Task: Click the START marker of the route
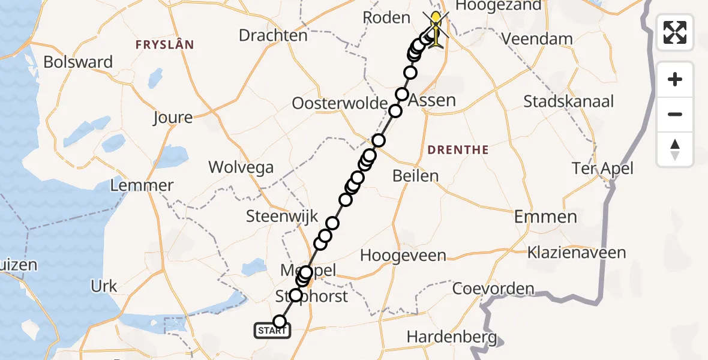[272, 331]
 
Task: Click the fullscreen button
[675, 32]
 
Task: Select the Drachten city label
[273, 35]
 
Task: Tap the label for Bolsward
[78, 62]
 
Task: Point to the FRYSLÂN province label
[164, 44]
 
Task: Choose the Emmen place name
[545, 217]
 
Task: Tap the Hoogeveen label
[403, 256]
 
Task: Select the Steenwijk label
[277, 216]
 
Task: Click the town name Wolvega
[241, 167]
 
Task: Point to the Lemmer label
[142, 185]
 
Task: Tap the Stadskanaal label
[568, 101]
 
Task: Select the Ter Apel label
[602, 169]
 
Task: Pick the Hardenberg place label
[451, 337]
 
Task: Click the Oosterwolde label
[340, 103]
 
